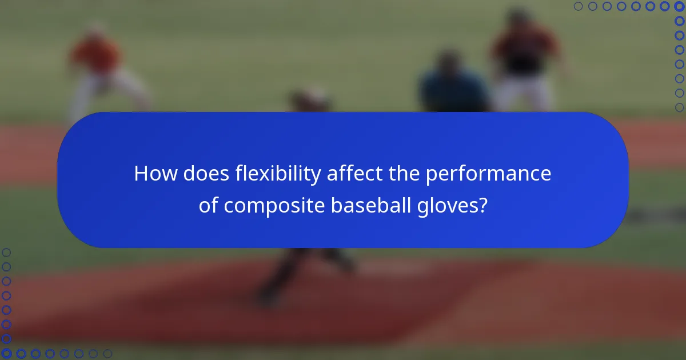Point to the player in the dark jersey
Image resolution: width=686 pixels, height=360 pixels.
coord(524,51)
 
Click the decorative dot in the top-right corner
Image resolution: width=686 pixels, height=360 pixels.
coord(679,6)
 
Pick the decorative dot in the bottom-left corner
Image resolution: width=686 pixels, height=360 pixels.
coord(7,353)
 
